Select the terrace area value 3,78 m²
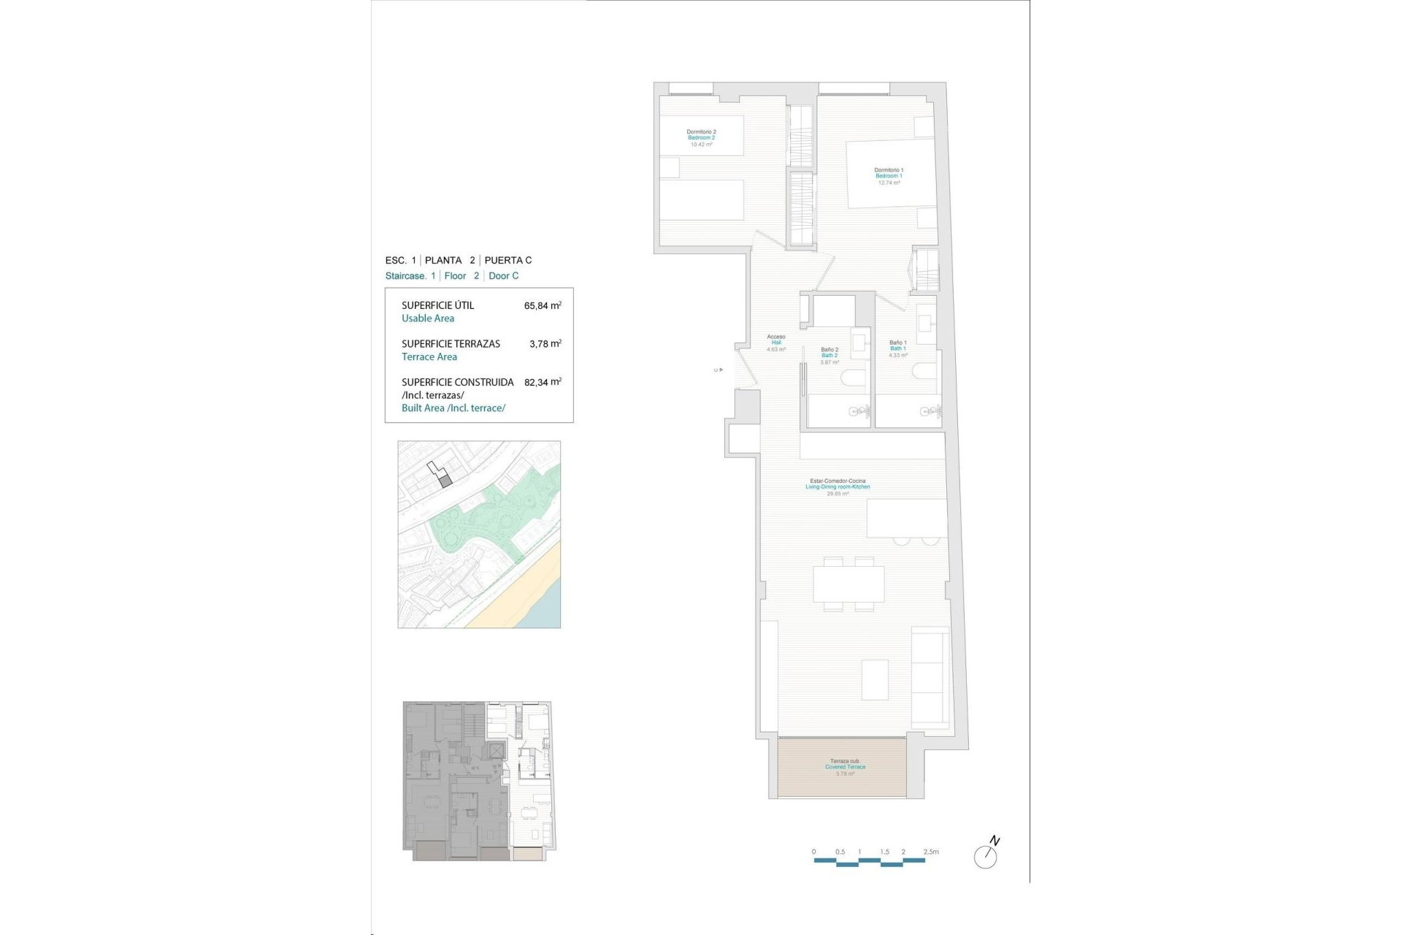click(545, 344)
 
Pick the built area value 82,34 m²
click(543, 382)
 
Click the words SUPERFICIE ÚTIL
click(437, 306)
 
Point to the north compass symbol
click(987, 854)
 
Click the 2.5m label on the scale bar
click(931, 852)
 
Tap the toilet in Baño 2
click(853, 378)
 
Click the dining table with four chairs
click(849, 584)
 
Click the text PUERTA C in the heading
click(508, 260)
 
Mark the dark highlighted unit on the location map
click(446, 481)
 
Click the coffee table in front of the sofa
click(875, 679)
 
